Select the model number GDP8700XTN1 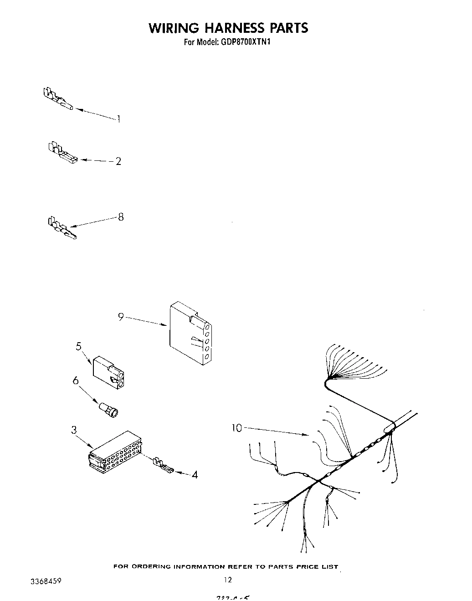(x=243, y=42)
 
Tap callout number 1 (x=118, y=119)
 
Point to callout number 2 (x=118, y=161)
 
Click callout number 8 (x=121, y=217)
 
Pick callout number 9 (x=121, y=317)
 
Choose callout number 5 (x=79, y=346)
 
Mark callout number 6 (x=76, y=380)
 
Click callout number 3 (x=73, y=430)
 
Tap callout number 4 (x=195, y=475)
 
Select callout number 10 (x=237, y=428)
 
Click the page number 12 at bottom (x=228, y=580)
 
